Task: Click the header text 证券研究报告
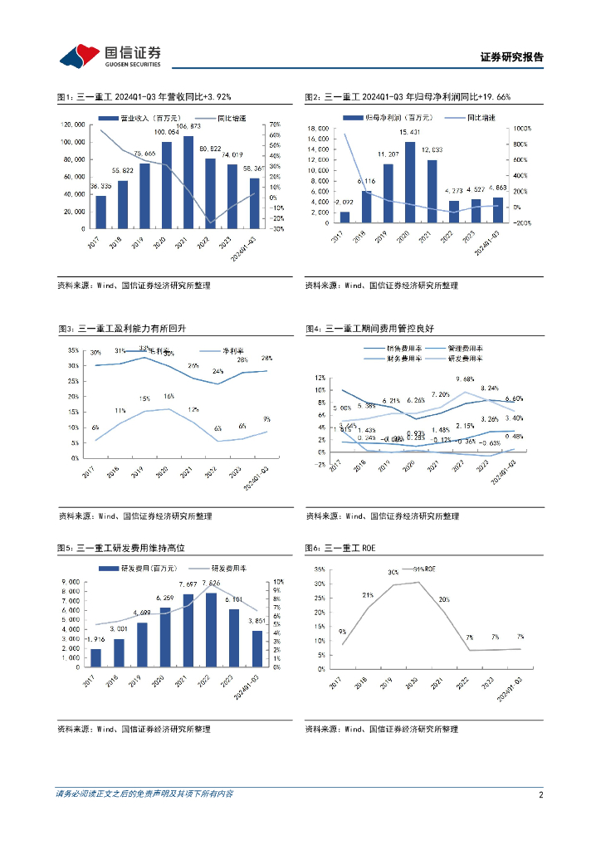[512, 57]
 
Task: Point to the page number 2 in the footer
[540, 794]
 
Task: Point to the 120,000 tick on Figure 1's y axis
[72, 125]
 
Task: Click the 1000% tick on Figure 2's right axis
[525, 129]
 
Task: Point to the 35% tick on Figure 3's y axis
[73, 350]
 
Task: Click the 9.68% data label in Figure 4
[464, 379]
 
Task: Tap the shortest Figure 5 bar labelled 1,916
[96, 657]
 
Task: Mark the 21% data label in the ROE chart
[366, 595]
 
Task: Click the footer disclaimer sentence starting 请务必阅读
[144, 794]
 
